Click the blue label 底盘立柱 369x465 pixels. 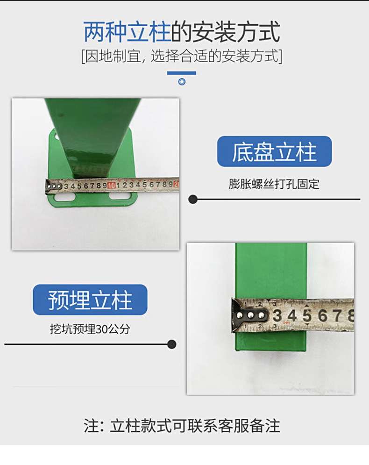[x=275, y=151]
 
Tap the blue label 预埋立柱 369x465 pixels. [x=90, y=300]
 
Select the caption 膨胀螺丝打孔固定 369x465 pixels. [x=274, y=184]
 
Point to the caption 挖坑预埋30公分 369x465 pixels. [x=90, y=329]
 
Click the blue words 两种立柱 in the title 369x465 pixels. [x=127, y=32]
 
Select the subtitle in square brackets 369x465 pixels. [x=182, y=56]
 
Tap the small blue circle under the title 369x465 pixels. [x=182, y=82]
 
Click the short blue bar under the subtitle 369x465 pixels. [x=182, y=73]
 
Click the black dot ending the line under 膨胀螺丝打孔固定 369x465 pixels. [x=193, y=199]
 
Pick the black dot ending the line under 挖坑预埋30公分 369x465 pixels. [x=171, y=344]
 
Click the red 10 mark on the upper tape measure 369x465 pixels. [x=112, y=186]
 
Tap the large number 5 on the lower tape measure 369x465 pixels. [x=307, y=315]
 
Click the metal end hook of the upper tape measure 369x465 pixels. [x=53, y=186]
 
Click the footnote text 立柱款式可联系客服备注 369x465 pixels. [x=195, y=426]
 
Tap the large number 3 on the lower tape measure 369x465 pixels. [x=277, y=315]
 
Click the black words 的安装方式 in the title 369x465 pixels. [x=226, y=32]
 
